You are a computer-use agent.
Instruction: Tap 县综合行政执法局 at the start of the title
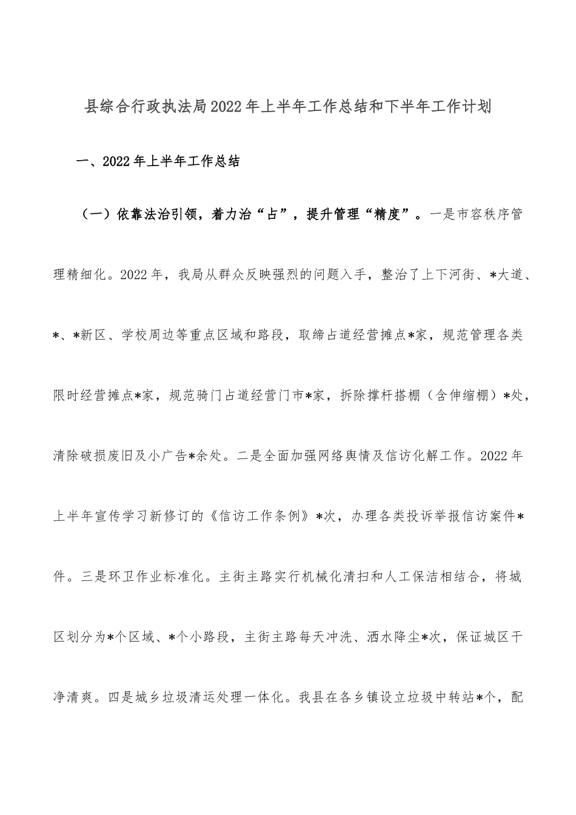[x=154, y=108]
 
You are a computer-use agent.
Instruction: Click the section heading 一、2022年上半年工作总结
[x=157, y=162]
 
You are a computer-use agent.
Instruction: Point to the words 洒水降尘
[x=394, y=637]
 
